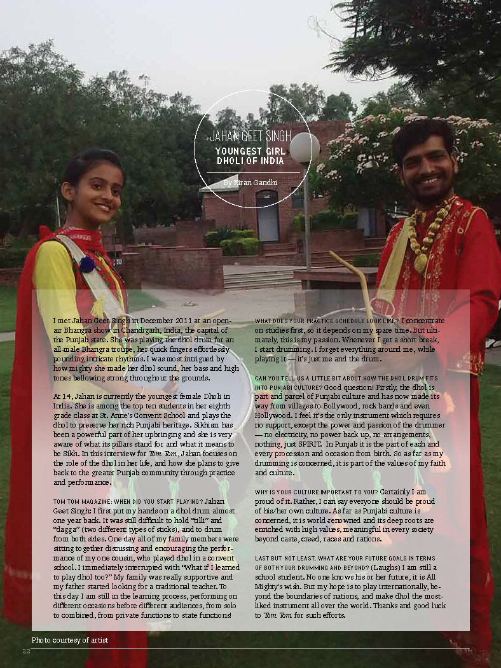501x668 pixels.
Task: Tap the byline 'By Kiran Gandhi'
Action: pyautogui.click(x=250, y=183)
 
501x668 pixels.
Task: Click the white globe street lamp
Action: pyautogui.click(x=305, y=148)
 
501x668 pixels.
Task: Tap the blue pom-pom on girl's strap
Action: pyautogui.click(x=87, y=264)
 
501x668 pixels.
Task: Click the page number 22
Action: pyautogui.click(x=26, y=651)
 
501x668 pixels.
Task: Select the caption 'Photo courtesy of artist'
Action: pyautogui.click(x=70, y=639)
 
